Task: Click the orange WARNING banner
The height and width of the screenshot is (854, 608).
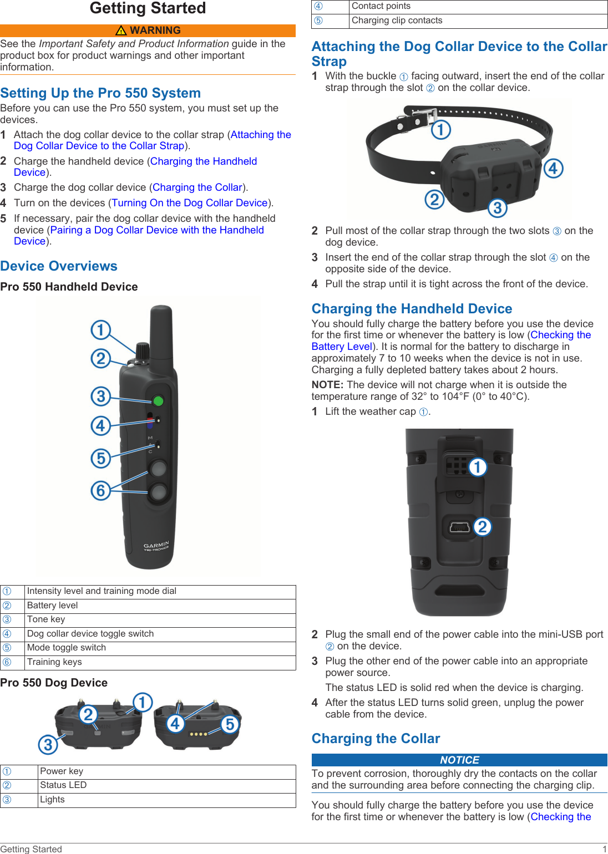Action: coord(148,30)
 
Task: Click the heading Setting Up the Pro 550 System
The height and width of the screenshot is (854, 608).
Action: coord(100,93)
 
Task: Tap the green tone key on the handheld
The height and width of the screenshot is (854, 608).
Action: coord(158,400)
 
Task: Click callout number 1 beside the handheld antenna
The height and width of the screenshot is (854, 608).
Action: coord(100,330)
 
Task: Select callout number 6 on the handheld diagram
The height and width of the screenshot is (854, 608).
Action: coord(100,490)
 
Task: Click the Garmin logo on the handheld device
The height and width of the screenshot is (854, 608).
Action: coord(156,546)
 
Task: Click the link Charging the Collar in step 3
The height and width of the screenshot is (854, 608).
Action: coord(197,187)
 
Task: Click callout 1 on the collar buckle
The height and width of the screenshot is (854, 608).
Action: coord(441,130)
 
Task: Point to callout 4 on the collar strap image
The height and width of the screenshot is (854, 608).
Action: coord(553,168)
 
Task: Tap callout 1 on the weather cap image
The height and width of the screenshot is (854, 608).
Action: coord(477,467)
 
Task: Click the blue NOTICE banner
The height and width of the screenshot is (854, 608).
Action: coord(459,760)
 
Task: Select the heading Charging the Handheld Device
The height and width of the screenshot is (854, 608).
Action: coord(412,309)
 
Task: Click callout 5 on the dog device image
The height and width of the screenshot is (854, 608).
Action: coord(230,724)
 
